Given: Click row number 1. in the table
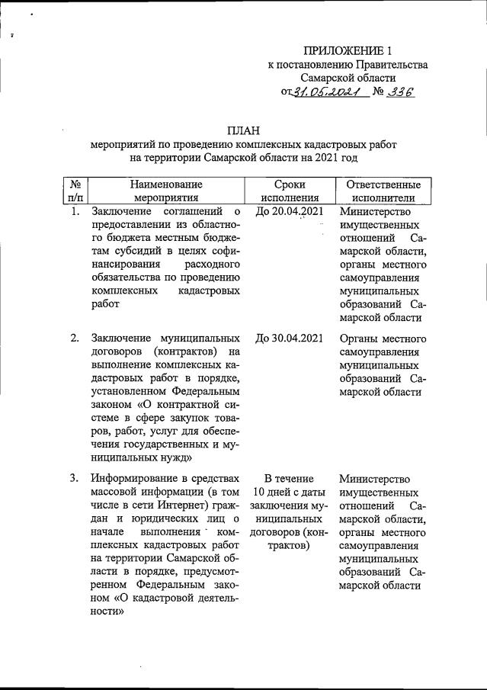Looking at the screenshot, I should click(x=75, y=211).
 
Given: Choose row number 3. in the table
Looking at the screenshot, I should click(x=75, y=479).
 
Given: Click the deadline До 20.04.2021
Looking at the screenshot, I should click(x=289, y=211).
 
